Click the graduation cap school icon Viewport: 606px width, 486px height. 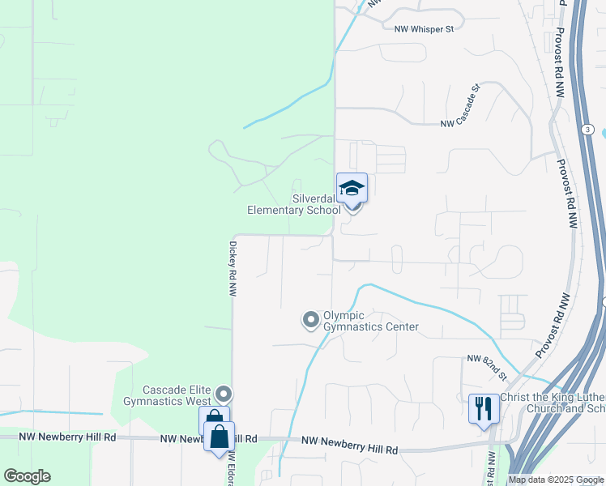coord(352,189)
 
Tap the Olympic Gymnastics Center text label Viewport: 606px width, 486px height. coord(371,322)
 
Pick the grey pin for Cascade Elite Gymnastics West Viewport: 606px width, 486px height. coord(224,394)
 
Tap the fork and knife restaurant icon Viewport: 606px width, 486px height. coord(484,408)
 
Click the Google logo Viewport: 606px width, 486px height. coord(28,476)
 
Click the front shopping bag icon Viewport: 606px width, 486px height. coord(220,437)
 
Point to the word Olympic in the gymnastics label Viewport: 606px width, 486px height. coord(344,316)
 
